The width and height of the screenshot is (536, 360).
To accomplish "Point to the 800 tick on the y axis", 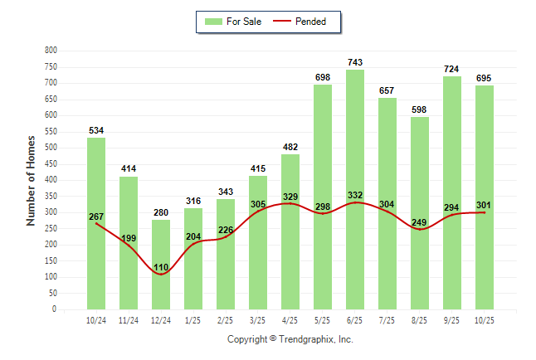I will [x=50, y=51].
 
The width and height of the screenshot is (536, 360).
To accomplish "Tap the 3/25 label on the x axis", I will [x=258, y=319].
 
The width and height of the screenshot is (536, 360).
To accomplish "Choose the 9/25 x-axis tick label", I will [x=452, y=319].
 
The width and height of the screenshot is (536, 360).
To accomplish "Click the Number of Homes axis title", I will [x=32, y=180].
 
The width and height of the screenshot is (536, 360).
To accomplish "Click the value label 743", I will [x=355, y=62].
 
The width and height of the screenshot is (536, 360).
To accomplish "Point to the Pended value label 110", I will [x=161, y=267].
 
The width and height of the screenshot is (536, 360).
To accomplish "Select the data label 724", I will [x=452, y=69].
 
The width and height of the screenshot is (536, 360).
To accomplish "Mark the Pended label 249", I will [x=420, y=222].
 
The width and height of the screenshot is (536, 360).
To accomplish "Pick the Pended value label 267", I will [x=96, y=216].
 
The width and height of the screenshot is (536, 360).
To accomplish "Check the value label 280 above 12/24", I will [x=161, y=212].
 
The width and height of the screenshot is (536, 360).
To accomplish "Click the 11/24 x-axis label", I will [x=129, y=319].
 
